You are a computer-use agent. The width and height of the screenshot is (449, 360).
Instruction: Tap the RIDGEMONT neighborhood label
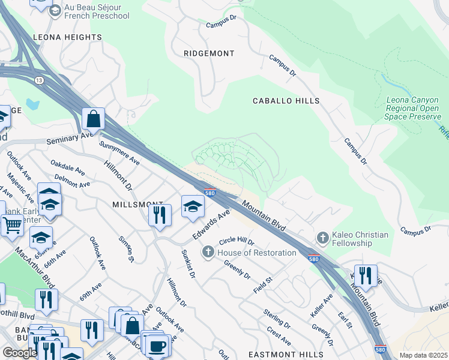click(x=209, y=53)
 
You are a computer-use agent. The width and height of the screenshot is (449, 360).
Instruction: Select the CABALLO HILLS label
click(x=286, y=101)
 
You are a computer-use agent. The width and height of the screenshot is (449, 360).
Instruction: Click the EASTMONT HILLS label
click(x=279, y=354)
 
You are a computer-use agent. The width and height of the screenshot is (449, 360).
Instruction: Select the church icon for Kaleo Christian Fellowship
click(x=322, y=238)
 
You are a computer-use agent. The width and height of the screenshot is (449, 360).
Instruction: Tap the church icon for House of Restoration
click(x=208, y=253)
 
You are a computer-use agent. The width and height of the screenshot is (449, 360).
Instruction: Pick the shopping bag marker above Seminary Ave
click(x=94, y=119)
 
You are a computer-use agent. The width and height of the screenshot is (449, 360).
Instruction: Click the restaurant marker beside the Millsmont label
click(x=160, y=215)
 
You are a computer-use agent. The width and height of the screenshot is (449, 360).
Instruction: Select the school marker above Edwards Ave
click(x=193, y=206)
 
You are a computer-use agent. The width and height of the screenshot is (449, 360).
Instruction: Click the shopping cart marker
click(x=11, y=226)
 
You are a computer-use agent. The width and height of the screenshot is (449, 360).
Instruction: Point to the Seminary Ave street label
click(x=71, y=139)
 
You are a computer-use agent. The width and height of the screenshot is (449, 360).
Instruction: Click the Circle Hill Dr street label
click(x=237, y=242)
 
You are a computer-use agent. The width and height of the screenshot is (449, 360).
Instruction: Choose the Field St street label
click(x=263, y=285)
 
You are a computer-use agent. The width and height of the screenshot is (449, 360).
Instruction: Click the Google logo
click(x=20, y=352)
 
